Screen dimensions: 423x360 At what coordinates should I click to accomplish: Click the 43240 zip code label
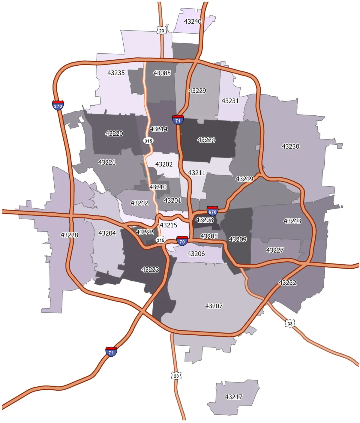193,22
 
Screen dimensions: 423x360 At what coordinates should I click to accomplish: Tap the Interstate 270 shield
58,105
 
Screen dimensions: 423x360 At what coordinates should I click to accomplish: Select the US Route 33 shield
290,324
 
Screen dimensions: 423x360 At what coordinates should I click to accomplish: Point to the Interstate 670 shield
212,211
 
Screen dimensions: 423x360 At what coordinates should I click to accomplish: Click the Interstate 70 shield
182,241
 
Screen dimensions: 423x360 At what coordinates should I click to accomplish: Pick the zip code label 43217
234,397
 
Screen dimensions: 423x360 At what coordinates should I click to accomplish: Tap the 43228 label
69,235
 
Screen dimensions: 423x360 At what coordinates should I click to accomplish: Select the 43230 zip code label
290,146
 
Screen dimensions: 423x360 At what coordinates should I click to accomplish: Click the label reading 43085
162,73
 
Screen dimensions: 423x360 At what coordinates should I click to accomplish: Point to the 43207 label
214,306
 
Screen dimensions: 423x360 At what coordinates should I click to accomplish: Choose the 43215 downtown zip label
168,225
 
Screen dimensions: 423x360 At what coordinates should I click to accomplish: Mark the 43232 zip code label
287,283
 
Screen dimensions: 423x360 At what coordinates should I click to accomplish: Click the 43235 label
116,73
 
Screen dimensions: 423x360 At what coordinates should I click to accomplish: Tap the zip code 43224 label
206,140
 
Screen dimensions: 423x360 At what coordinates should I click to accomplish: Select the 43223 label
150,269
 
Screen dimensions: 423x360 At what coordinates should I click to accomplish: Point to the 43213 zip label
292,221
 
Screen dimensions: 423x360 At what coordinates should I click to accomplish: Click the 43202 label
164,164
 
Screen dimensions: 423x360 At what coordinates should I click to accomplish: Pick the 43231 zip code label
230,101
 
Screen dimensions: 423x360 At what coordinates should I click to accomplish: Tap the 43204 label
107,233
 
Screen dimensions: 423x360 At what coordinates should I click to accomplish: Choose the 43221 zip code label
107,162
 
